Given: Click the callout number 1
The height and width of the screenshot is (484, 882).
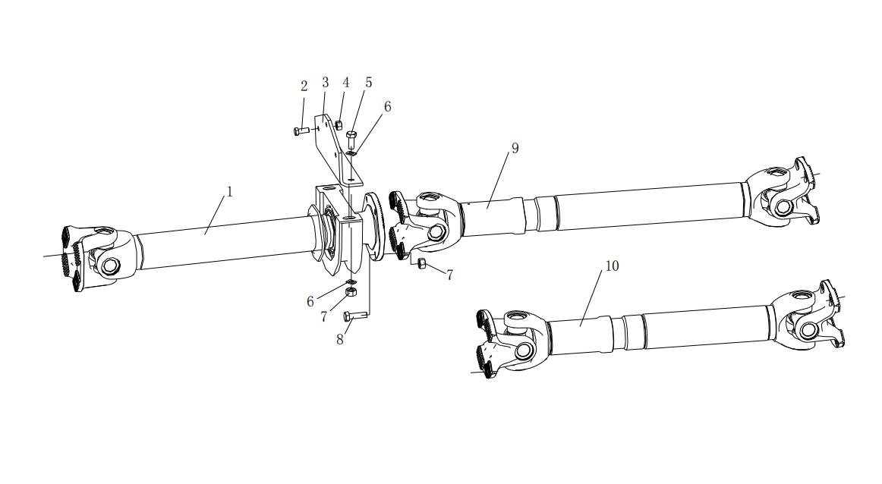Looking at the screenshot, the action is click(x=229, y=192).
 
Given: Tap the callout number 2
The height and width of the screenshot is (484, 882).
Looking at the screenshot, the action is click(x=304, y=86).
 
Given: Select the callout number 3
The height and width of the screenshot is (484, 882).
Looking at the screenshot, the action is click(x=325, y=83).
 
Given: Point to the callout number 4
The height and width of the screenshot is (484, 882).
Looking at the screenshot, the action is click(x=346, y=83).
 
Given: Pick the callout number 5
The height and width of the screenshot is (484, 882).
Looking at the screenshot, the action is click(x=368, y=83).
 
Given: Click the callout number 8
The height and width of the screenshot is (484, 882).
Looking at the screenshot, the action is click(x=340, y=340).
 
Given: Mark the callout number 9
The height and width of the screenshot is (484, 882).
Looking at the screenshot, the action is click(x=515, y=149).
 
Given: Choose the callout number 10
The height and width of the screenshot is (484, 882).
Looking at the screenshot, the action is click(x=612, y=266).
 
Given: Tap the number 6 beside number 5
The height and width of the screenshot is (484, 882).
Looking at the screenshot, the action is click(x=388, y=107).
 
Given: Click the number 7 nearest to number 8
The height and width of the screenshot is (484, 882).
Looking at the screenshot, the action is click(x=324, y=317).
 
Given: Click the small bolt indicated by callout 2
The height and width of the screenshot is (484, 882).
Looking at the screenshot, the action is click(x=301, y=131).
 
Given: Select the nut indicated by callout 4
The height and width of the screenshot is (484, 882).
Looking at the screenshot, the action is click(x=339, y=125).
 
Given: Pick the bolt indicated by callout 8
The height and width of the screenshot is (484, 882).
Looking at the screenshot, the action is click(x=355, y=316).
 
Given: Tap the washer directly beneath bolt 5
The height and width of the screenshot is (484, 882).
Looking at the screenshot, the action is click(x=351, y=152).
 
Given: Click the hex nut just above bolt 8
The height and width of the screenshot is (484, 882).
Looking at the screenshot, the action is click(x=351, y=291).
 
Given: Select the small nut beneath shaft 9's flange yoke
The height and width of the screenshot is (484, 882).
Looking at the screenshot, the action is click(x=421, y=265).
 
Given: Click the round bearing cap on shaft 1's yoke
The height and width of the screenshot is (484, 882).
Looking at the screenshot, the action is click(x=111, y=266).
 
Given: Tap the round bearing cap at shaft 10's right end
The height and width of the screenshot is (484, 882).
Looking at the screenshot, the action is click(x=808, y=329).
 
